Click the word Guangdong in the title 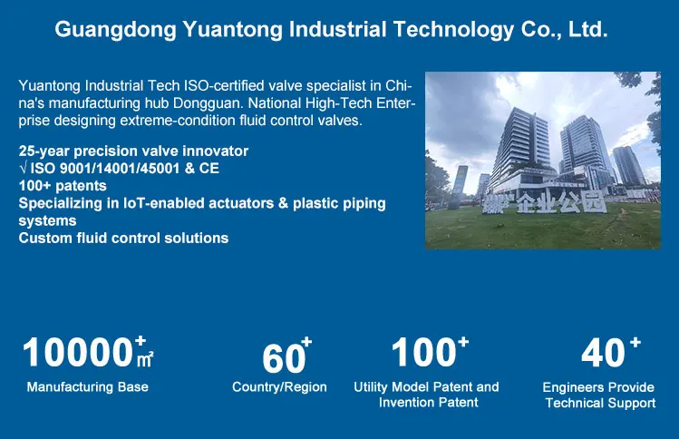[x=116, y=30]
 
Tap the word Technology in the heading [x=453, y=30]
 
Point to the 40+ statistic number [x=611, y=351]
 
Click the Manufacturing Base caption [x=87, y=386]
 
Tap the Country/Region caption [x=279, y=386]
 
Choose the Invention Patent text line [x=428, y=402]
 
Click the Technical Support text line [x=600, y=403]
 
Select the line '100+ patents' [x=63, y=185]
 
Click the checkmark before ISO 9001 [x=23, y=167]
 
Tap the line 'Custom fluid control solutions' [x=123, y=238]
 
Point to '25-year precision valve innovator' [x=133, y=151]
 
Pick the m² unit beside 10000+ [x=145, y=359]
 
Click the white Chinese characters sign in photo [x=544, y=202]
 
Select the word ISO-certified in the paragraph [x=224, y=85]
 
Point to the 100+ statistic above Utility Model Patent [x=430, y=351]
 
